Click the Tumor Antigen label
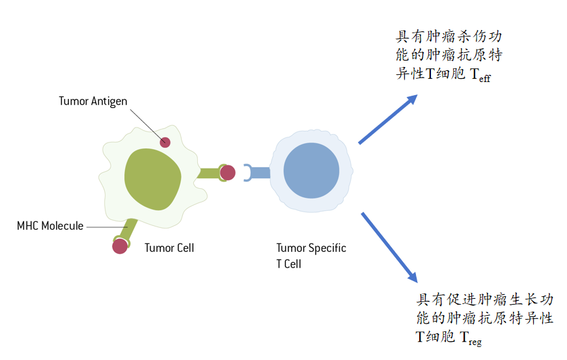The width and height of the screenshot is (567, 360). (x=92, y=102)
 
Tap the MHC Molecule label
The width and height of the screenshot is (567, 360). (x=50, y=226)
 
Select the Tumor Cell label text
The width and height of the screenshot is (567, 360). (x=169, y=248)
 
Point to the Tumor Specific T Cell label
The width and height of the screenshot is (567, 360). (x=311, y=256)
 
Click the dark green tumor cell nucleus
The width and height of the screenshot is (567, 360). (x=153, y=178)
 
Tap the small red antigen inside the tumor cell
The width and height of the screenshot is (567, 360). (x=165, y=142)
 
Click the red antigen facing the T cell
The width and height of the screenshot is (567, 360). (x=227, y=173)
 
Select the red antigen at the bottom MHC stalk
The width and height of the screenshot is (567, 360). (x=120, y=246)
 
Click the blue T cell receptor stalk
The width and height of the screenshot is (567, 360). (x=259, y=173)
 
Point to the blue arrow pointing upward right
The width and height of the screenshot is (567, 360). (x=387, y=119)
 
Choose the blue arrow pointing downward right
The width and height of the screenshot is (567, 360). (x=389, y=246)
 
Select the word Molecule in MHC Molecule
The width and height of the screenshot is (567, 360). (x=62, y=226)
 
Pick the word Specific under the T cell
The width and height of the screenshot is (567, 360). (x=327, y=248)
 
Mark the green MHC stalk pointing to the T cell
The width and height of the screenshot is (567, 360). (x=209, y=173)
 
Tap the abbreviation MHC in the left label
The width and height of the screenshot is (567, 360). (x=28, y=226)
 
